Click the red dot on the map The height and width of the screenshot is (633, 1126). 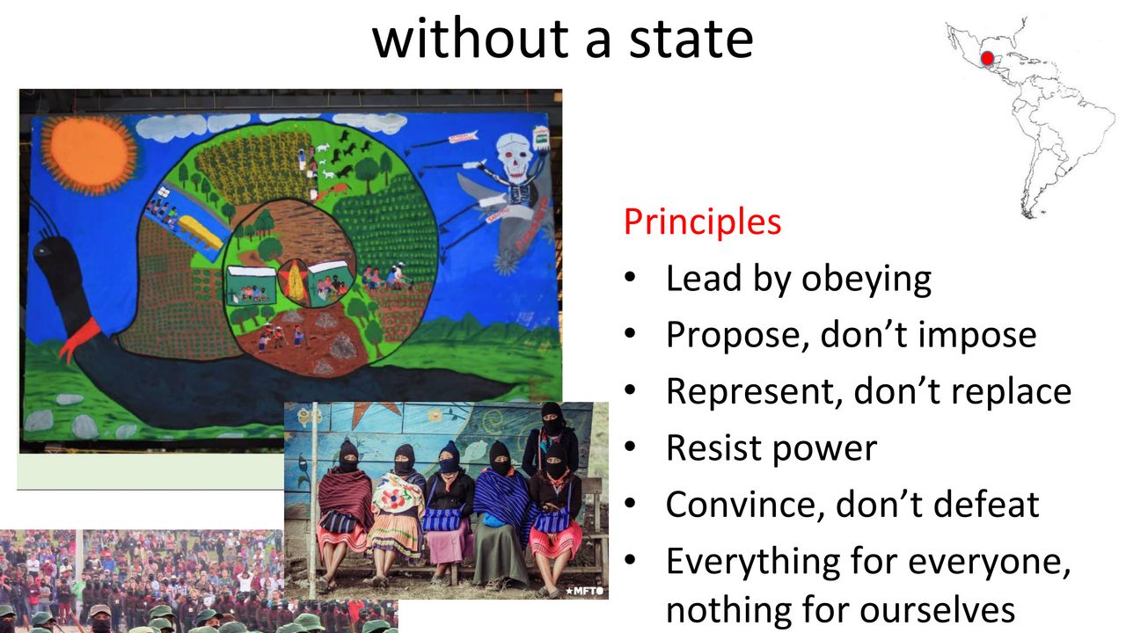987,58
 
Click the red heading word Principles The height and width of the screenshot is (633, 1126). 702,222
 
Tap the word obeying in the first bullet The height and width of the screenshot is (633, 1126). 866,280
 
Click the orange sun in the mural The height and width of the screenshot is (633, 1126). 90,154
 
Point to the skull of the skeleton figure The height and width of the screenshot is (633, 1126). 514,156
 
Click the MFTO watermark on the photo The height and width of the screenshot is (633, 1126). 584,591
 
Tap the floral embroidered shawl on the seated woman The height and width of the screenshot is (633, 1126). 398,498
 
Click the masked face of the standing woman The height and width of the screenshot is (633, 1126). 552,419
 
